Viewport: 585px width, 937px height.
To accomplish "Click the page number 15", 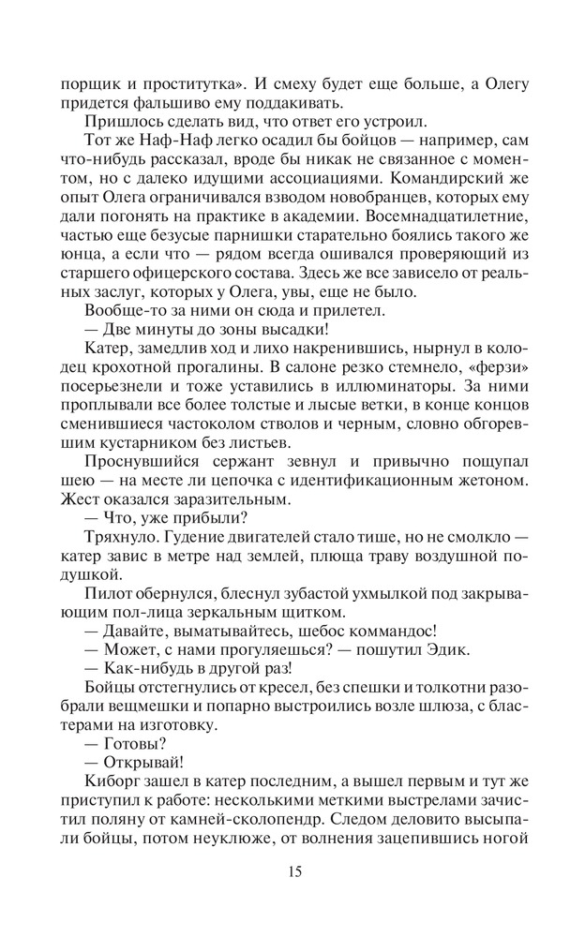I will coord(294,872).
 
